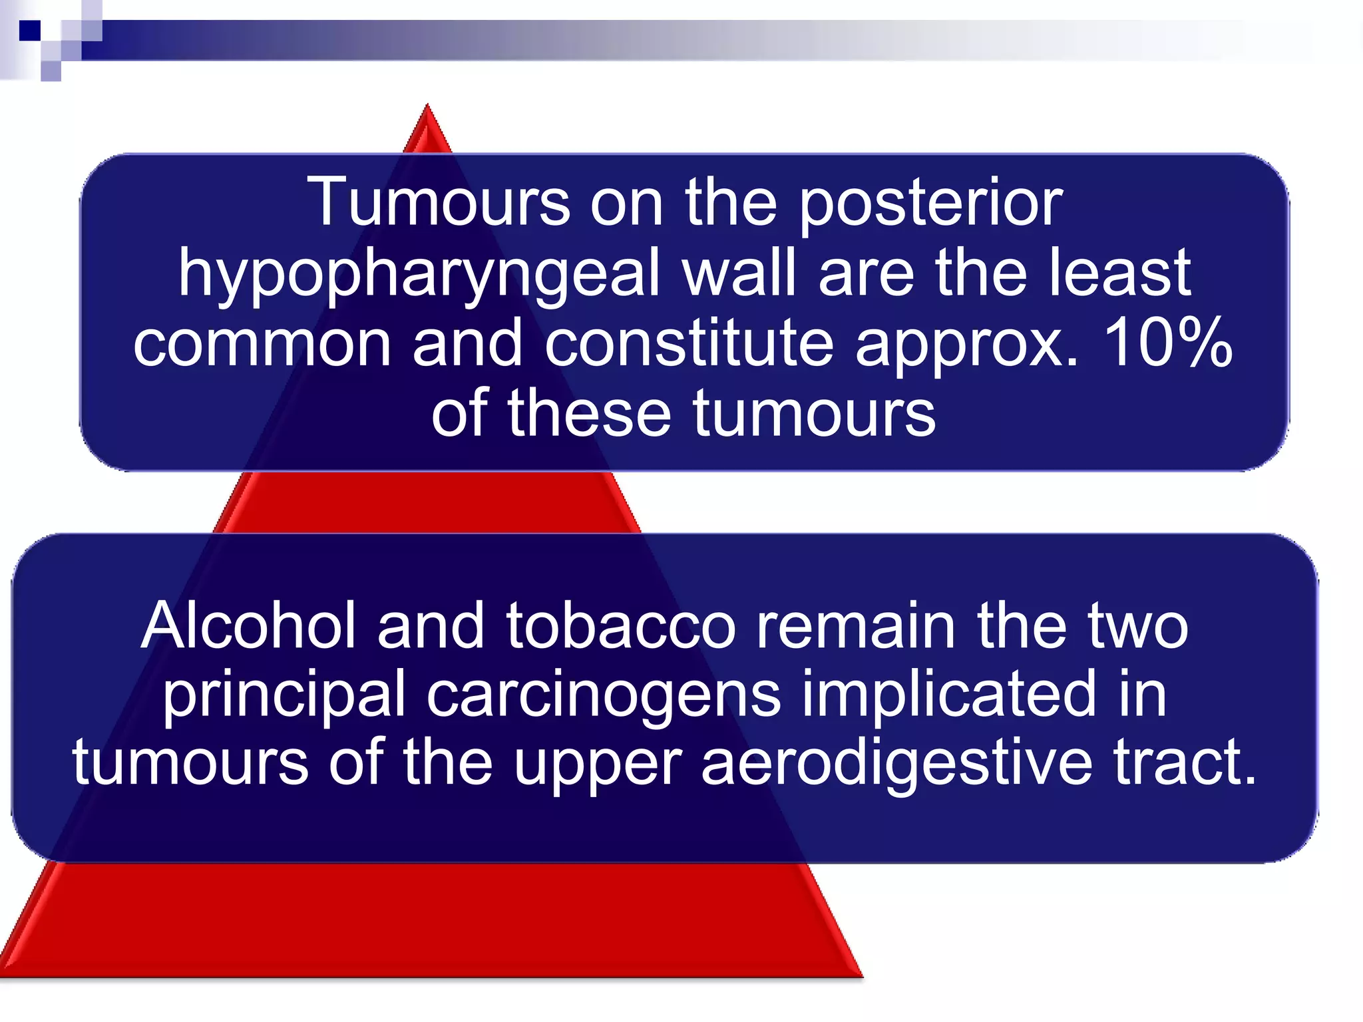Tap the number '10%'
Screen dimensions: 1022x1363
(x=1169, y=343)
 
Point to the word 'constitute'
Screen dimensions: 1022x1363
(x=689, y=343)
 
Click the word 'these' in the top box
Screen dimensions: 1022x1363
(x=588, y=414)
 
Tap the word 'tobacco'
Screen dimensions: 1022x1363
(x=620, y=625)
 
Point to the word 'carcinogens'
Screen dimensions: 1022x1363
(x=603, y=696)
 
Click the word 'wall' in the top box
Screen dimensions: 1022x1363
(x=739, y=273)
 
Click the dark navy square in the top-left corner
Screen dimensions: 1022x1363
(x=30, y=31)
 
